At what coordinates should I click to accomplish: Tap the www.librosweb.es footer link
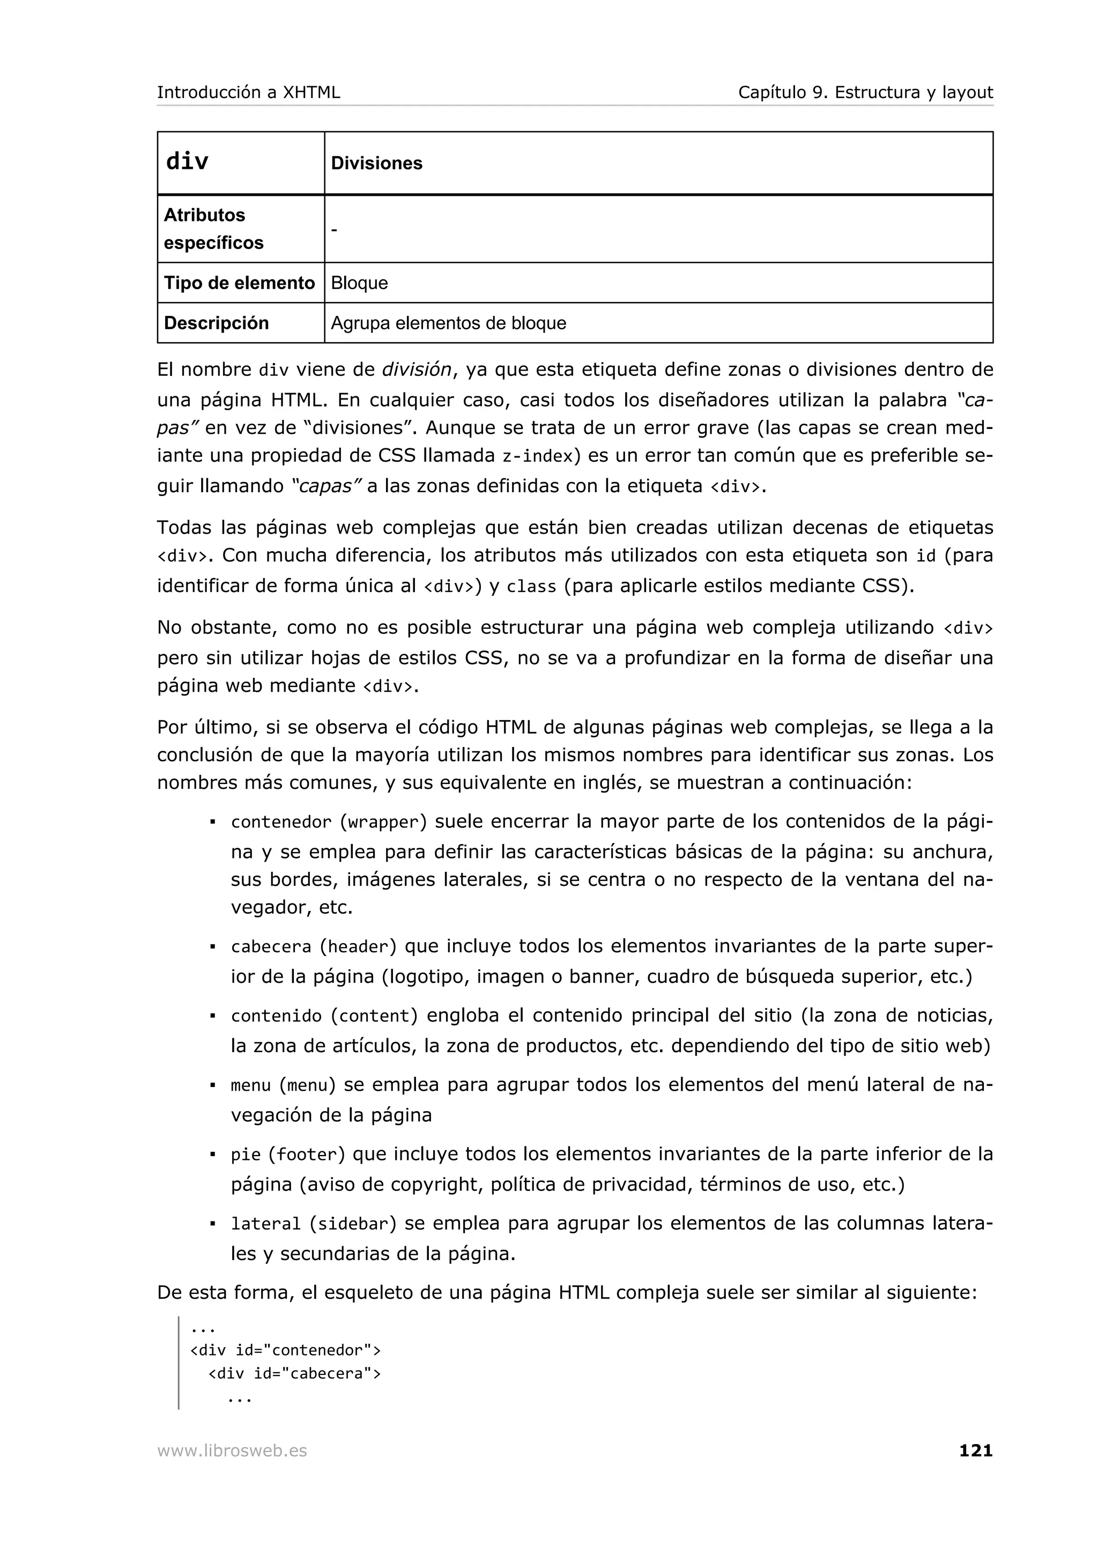pos(232,1451)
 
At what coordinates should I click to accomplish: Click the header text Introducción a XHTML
pos(248,92)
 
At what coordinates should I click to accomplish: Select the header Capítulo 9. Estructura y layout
pos(865,92)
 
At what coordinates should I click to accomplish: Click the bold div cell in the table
pos(188,162)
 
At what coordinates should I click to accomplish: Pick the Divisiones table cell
pos(376,163)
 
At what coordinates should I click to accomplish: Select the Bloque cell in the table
pos(359,283)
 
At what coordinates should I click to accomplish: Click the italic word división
pos(416,369)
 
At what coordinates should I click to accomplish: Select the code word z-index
pos(537,456)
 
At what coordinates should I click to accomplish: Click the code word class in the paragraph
pos(531,587)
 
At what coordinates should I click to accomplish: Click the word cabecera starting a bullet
pos(271,947)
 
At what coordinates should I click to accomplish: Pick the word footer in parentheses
pos(307,1155)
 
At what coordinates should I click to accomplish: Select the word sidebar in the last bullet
pos(353,1224)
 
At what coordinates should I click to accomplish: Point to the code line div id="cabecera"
pos(294,1373)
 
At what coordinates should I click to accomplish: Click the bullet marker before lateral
pos(212,1224)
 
